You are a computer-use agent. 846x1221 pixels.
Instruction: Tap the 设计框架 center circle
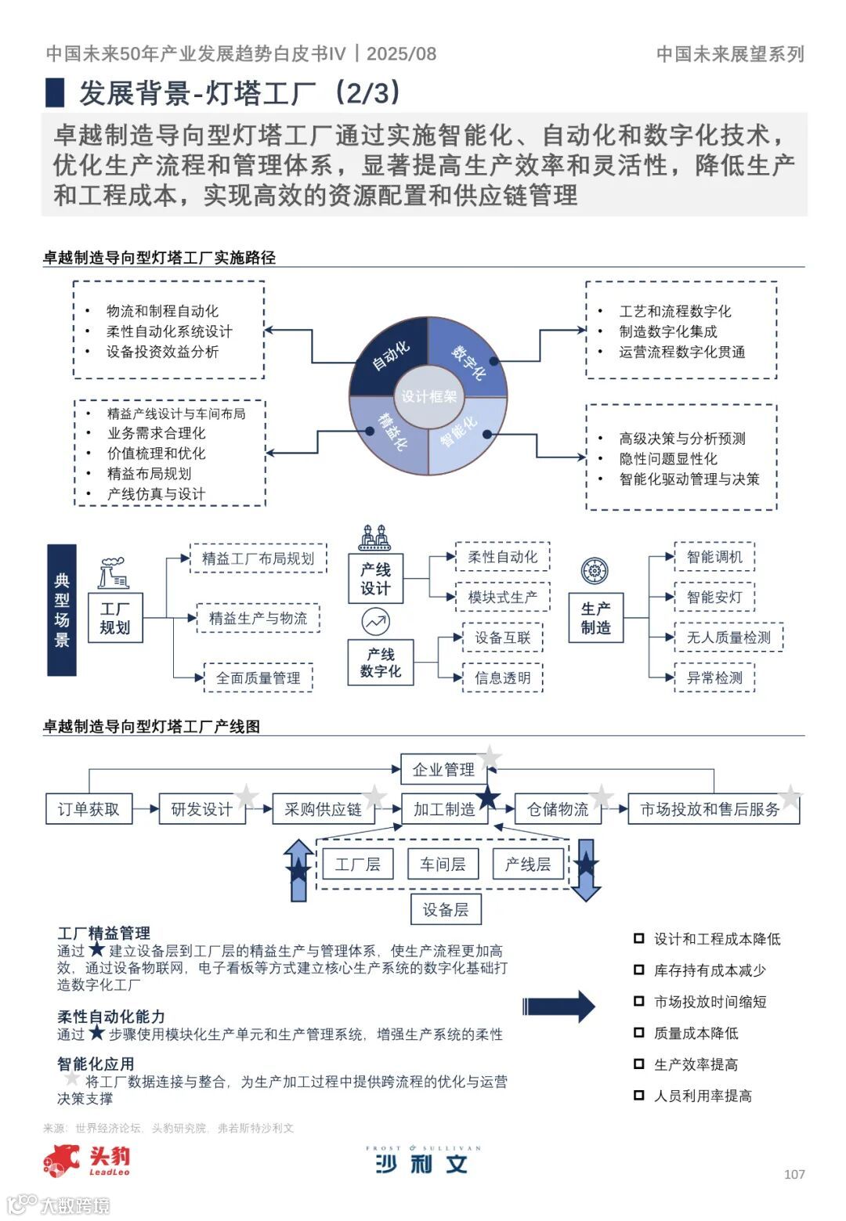[428, 396]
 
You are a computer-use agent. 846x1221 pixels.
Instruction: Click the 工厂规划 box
[115, 618]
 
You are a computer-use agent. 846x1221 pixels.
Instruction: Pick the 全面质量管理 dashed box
[258, 678]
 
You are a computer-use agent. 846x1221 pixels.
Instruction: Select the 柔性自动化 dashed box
[502, 557]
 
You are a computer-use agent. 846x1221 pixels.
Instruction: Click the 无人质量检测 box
[728, 638]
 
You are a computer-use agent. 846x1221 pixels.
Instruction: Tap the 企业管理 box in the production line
[443, 769]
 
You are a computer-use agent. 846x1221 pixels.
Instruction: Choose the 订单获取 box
[89, 809]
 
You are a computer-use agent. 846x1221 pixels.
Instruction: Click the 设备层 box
[446, 909]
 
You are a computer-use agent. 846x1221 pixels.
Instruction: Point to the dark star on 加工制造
[488, 797]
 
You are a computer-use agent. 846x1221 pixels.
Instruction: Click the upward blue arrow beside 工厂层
[298, 869]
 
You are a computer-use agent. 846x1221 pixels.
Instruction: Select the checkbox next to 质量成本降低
[639, 1033]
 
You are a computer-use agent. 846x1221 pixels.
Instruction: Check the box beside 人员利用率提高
[639, 1096]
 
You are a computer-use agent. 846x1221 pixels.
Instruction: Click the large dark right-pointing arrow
[559, 1006]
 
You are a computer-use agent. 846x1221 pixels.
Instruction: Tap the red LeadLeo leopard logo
[62, 1160]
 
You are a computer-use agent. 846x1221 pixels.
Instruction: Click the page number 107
[794, 1174]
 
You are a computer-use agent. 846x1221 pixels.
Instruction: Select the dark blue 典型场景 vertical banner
[62, 610]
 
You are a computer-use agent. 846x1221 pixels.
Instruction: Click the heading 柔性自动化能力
[111, 1017]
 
